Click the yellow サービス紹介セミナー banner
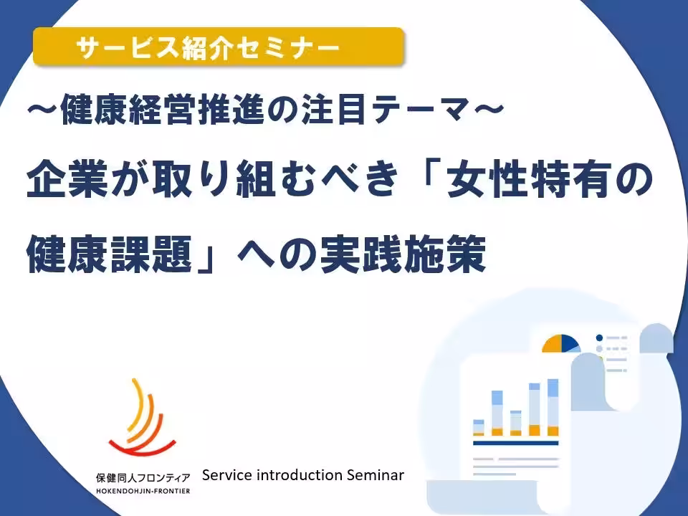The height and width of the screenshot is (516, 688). [x=219, y=48]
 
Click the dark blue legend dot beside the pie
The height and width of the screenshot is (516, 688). [x=599, y=338]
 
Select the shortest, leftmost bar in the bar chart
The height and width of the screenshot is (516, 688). [x=479, y=427]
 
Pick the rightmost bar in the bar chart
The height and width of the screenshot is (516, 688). [x=553, y=408]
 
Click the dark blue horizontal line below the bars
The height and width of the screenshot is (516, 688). [x=516, y=444]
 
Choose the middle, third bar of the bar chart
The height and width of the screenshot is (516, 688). [x=516, y=423]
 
